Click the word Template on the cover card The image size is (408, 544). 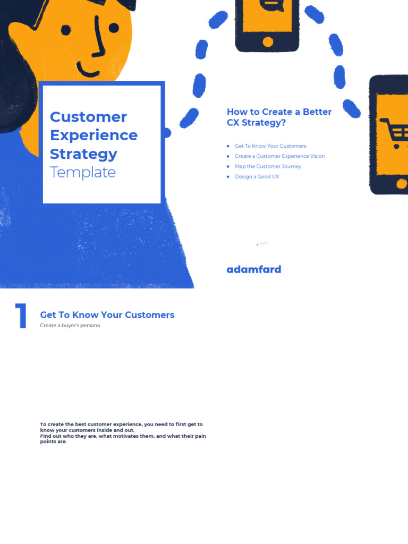point(82,172)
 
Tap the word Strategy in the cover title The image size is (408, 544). point(83,154)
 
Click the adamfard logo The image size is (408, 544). point(254,269)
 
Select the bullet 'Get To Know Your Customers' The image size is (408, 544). point(270,146)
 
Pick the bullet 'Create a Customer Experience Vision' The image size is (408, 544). point(279,156)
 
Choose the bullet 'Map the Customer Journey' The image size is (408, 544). point(268,166)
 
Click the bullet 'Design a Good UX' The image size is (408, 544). point(257,176)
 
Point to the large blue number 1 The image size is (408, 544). point(21,317)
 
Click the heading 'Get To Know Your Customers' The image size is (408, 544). point(107,315)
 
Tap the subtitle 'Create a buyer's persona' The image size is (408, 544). point(70,326)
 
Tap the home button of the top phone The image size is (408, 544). point(268,41)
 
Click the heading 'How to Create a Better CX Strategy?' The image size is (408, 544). point(279,117)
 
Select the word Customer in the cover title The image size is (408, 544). point(88,117)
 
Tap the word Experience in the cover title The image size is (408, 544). point(93,135)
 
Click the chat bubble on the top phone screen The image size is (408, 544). point(269,4)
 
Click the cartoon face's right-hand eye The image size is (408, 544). point(113,27)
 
